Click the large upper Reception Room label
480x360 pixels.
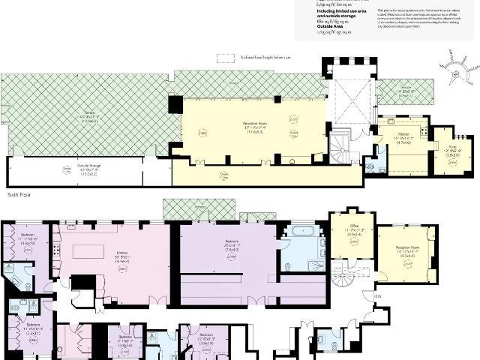point(257,128)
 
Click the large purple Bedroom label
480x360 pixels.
point(232,245)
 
